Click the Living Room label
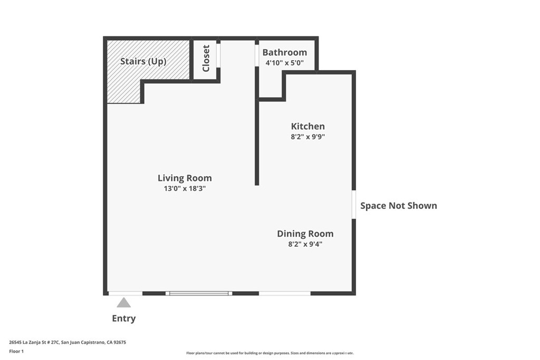click(x=185, y=178)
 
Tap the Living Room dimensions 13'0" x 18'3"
click(x=185, y=188)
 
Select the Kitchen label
click(x=307, y=127)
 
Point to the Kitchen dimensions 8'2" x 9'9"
click(x=307, y=137)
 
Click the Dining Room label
click(x=305, y=233)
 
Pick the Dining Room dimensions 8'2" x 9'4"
click(x=305, y=244)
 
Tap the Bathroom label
click(x=284, y=52)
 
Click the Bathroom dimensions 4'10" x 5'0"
click(x=284, y=63)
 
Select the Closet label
click(x=206, y=58)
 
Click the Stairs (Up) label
click(x=143, y=61)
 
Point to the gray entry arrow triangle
click(x=123, y=303)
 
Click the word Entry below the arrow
click(x=123, y=318)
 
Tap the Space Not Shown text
click(x=399, y=206)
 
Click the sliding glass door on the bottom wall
click(x=199, y=293)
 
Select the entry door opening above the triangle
click(x=126, y=293)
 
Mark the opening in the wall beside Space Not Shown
click(x=354, y=205)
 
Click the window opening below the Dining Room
click(x=285, y=293)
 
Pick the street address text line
click(x=67, y=343)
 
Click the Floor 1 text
click(x=16, y=352)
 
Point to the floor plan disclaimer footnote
click(x=270, y=353)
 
